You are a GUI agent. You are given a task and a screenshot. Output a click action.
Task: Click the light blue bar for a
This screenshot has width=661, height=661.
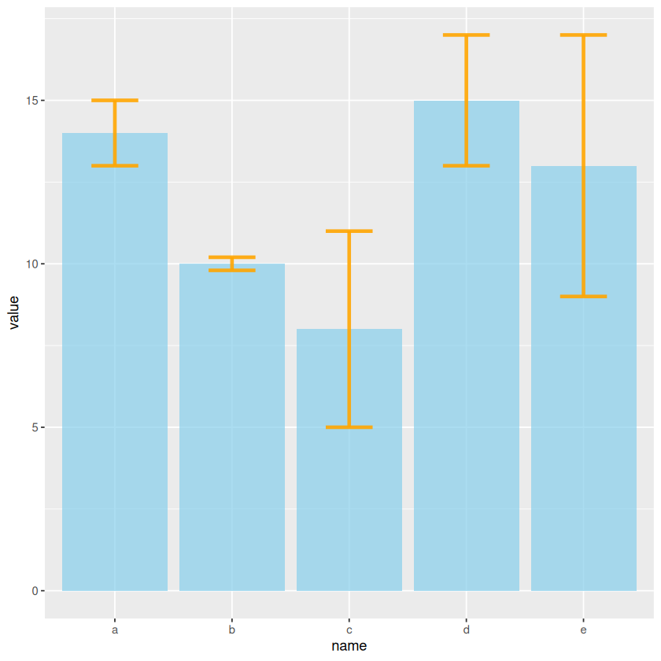(x=115, y=362)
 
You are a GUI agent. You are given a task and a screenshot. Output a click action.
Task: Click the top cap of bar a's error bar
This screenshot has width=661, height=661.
(x=115, y=101)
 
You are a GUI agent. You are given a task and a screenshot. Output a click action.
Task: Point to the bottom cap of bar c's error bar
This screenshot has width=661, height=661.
(x=349, y=427)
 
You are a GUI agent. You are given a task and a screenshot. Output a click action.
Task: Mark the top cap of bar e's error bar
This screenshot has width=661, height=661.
(x=584, y=35)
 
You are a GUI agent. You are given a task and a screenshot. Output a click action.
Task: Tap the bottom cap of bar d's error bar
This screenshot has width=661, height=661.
(x=467, y=166)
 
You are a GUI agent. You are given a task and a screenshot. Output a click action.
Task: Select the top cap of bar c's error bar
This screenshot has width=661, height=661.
(x=349, y=231)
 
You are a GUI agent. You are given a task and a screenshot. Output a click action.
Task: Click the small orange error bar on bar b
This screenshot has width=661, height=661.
(x=232, y=264)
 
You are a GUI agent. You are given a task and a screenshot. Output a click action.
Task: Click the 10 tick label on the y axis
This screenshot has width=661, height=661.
(x=32, y=264)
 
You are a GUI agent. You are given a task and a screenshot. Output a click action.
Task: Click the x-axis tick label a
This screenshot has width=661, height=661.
(x=115, y=630)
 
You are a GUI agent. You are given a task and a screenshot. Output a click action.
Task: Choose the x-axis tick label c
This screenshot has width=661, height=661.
(x=349, y=630)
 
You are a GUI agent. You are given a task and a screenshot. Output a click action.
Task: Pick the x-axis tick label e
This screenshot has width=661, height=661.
(x=584, y=630)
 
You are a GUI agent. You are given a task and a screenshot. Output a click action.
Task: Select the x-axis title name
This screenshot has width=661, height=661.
(x=349, y=647)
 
